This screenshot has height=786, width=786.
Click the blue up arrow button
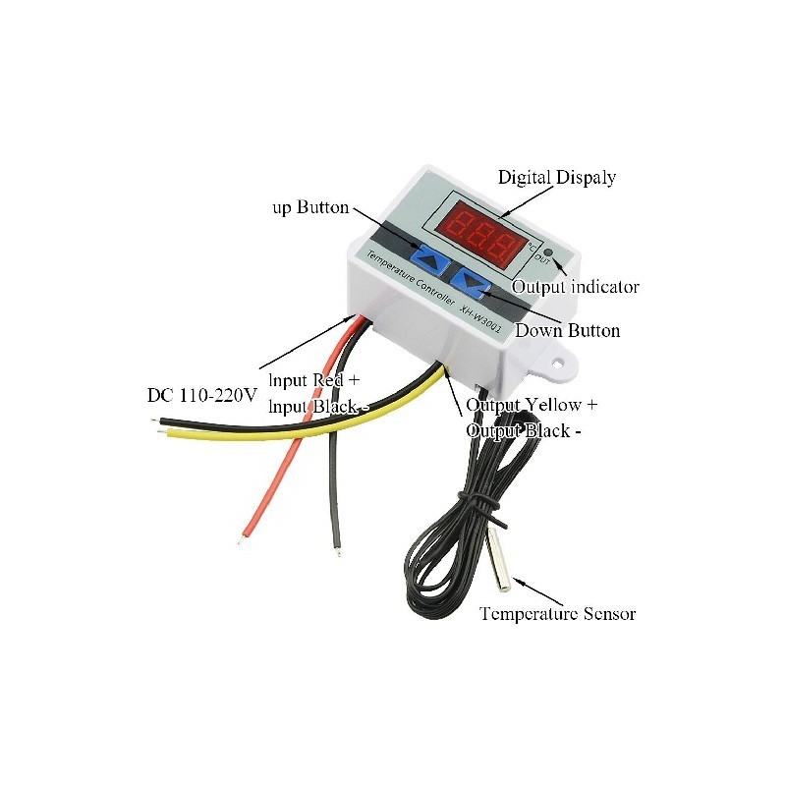tap(430, 258)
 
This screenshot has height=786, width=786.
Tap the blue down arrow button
tap(471, 284)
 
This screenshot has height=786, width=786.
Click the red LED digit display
tap(480, 233)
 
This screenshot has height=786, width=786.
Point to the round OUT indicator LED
tap(548, 253)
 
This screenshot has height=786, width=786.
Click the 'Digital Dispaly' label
tap(556, 178)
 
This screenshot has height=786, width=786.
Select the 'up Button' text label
tap(310, 207)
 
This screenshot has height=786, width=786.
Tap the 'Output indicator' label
tap(575, 287)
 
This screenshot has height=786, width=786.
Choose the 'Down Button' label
tap(568, 330)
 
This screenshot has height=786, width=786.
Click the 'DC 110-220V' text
tap(202, 395)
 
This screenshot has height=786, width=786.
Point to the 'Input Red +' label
tap(314, 380)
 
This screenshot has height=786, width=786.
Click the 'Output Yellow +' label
tap(532, 405)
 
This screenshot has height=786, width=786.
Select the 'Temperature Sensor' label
tap(557, 613)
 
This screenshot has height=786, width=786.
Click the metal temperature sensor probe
tap(499, 558)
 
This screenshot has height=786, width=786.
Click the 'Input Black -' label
tap(318, 406)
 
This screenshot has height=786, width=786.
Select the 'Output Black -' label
tap(524, 430)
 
